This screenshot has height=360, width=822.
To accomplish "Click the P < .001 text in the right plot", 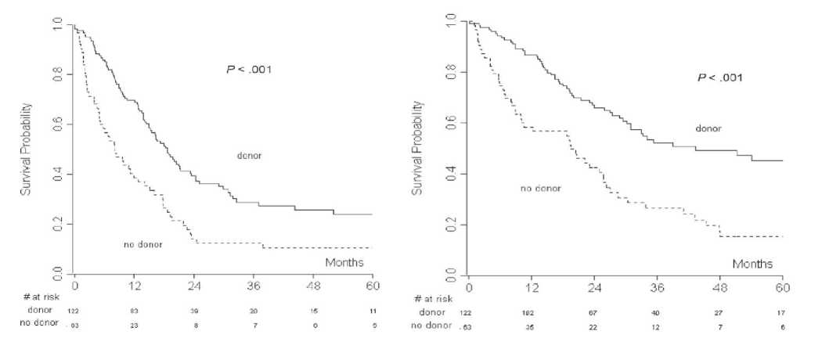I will click(x=720, y=78).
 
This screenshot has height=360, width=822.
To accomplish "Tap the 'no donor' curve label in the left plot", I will click(x=142, y=246).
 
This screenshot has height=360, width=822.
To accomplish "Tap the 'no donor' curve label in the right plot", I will click(x=542, y=189).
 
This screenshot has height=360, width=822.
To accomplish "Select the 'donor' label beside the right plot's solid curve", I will click(x=708, y=128).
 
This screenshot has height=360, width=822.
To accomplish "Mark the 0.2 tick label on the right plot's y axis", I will click(x=450, y=225).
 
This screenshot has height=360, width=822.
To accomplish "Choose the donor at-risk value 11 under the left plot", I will click(x=373, y=311).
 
